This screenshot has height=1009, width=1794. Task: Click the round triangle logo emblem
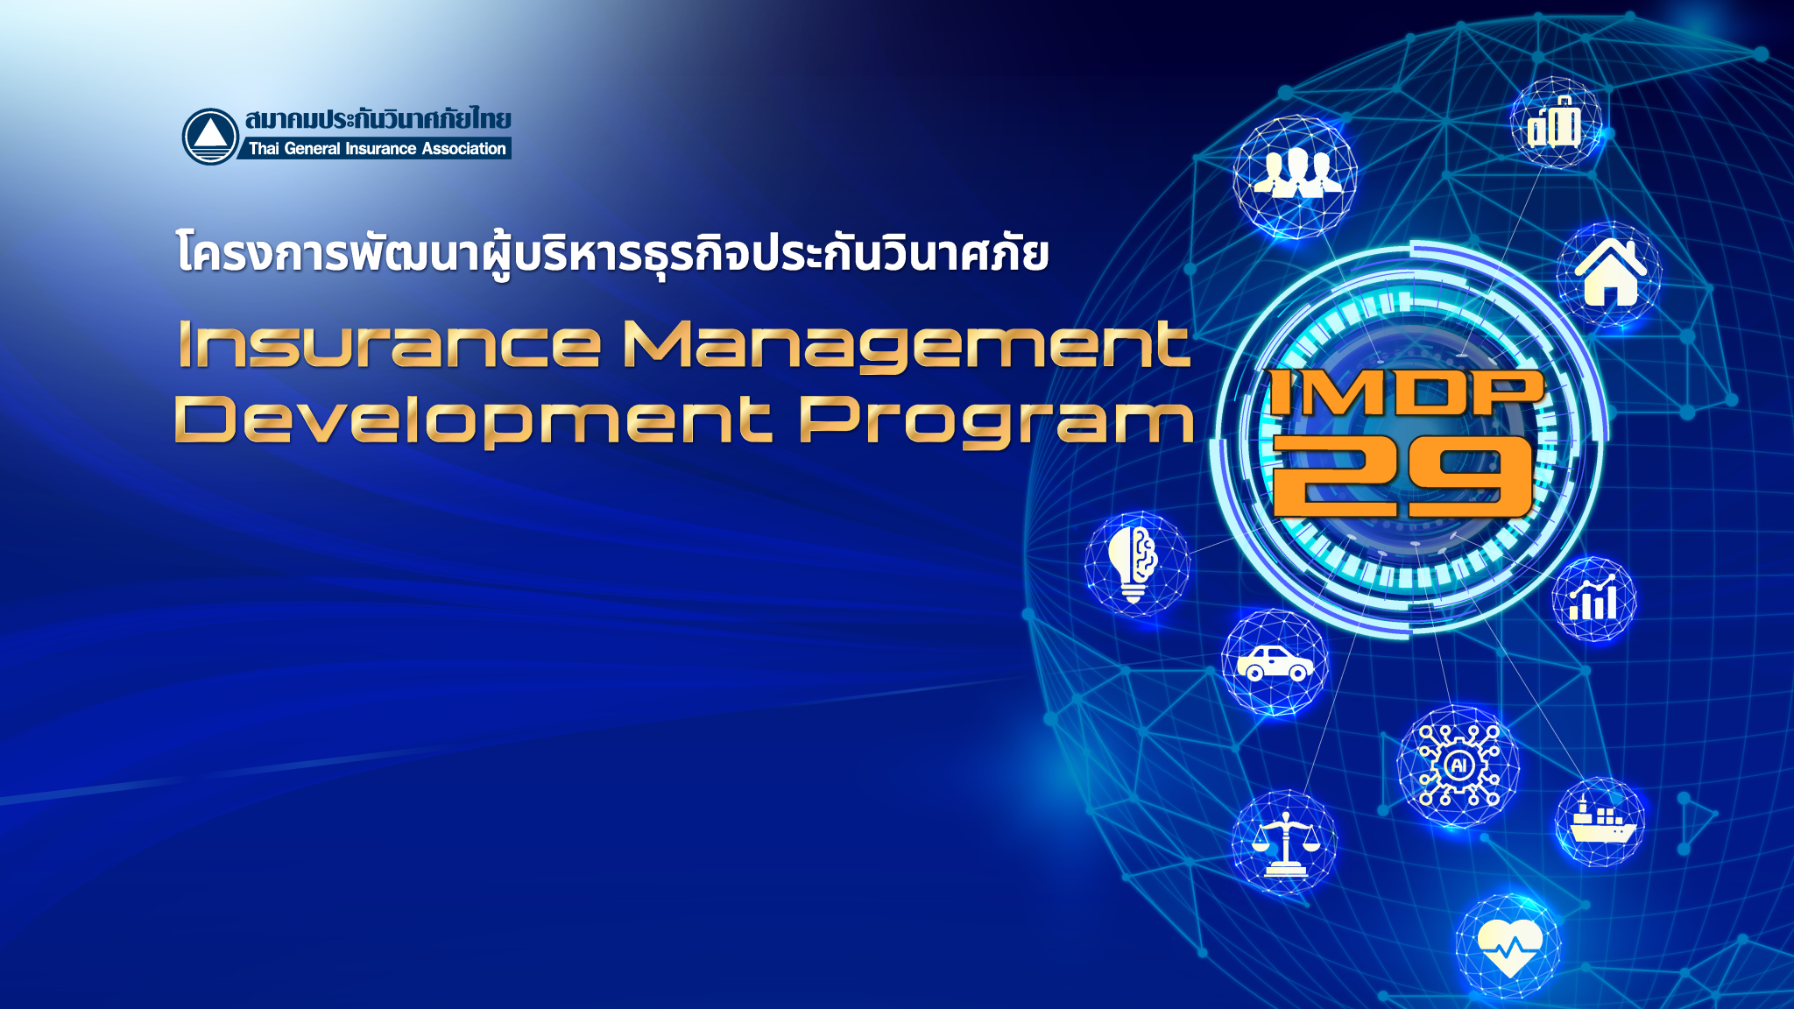click(x=210, y=137)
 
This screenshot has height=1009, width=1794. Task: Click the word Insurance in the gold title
click(x=389, y=344)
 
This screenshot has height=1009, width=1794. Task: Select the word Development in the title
click(x=473, y=421)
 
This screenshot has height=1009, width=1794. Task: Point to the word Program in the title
click(x=997, y=422)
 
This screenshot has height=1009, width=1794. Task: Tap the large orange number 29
click(x=1402, y=476)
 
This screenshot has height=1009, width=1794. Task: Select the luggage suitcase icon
click(x=1555, y=123)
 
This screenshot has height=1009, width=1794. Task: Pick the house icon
click(x=1610, y=272)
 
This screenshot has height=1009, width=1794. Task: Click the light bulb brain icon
click(x=1133, y=563)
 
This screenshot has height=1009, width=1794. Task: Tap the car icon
click(x=1275, y=664)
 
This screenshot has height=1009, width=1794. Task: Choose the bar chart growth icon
click(x=1593, y=597)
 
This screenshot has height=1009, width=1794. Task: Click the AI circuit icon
click(x=1459, y=766)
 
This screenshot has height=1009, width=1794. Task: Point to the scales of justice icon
click(x=1285, y=843)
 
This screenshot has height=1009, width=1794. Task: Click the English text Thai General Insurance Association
click(x=378, y=149)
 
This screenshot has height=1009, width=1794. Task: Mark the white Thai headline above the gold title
click(x=612, y=255)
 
